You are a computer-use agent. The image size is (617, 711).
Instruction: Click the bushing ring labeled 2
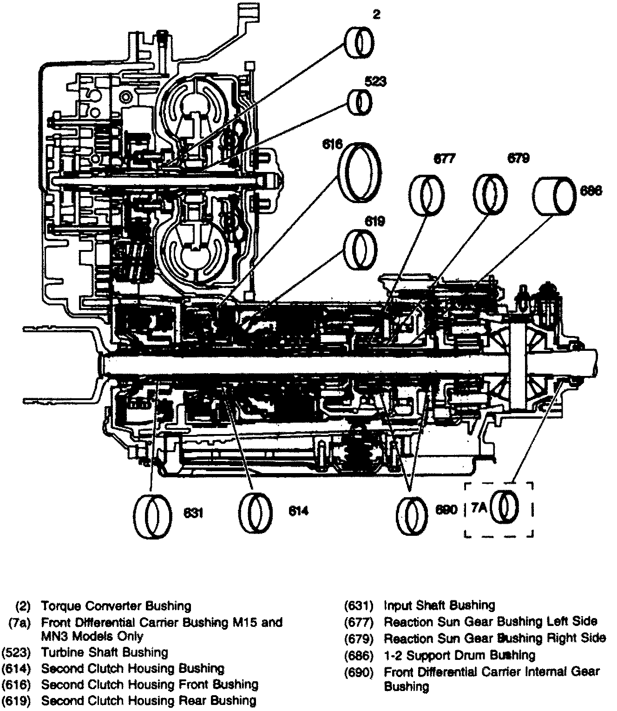click(x=360, y=41)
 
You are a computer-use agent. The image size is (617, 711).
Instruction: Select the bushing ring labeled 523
click(x=361, y=102)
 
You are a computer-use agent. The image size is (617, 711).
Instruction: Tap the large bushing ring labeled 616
click(x=359, y=173)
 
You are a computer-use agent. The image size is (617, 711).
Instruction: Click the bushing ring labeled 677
click(x=427, y=195)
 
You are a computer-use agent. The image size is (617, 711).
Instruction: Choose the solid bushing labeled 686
click(x=554, y=195)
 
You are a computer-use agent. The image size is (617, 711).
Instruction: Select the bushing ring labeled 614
click(x=256, y=513)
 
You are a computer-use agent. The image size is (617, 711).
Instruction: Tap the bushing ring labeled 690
click(x=412, y=513)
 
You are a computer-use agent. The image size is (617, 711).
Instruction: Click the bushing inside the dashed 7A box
click(x=505, y=509)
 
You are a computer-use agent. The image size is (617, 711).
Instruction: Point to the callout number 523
click(x=375, y=82)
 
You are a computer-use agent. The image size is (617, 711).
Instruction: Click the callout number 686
click(x=591, y=191)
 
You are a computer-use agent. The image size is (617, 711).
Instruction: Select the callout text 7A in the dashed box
click(x=479, y=508)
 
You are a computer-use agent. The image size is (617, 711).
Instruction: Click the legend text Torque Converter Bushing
click(x=116, y=606)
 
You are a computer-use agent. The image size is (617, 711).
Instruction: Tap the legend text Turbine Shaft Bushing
click(x=105, y=652)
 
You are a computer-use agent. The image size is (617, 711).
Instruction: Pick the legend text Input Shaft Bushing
click(x=439, y=606)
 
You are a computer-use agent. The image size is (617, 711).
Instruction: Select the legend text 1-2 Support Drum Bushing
click(x=459, y=655)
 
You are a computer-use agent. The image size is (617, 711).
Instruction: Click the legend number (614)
click(x=16, y=669)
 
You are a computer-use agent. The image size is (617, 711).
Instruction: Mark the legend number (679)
click(x=359, y=639)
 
